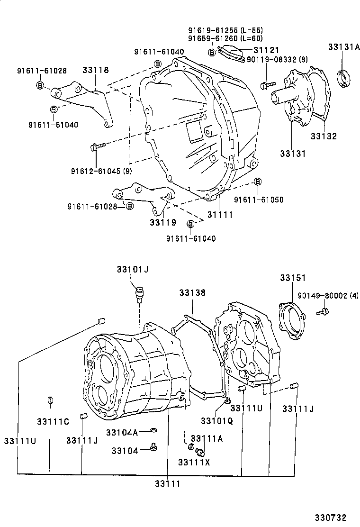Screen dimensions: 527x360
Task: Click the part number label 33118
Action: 95,70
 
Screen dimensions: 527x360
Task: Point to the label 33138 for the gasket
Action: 192,293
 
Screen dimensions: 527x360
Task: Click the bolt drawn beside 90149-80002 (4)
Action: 324,311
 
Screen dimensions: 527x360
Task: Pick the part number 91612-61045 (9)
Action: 101,171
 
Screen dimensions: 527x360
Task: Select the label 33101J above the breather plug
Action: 133,269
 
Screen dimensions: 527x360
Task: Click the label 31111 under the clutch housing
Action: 220,215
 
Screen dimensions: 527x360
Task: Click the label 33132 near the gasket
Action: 324,136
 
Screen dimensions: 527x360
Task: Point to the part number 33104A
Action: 122,432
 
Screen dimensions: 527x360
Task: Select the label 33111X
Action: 194,462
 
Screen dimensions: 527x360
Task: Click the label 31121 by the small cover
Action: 266,50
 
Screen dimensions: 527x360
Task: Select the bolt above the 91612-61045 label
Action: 94,147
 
